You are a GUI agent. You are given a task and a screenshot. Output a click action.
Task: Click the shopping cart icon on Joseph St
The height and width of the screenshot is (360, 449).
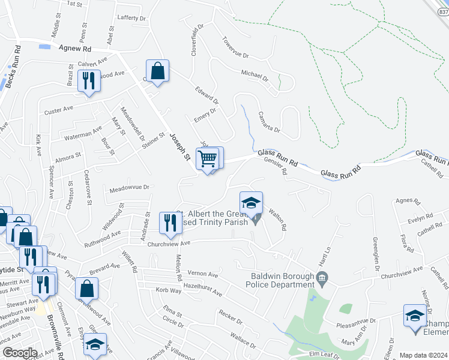coord(208,159)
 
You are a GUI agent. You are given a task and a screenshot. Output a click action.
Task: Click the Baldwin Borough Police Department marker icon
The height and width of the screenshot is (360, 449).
coord(322,277)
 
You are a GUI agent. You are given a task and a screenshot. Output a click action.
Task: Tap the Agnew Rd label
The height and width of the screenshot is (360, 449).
coord(74,49)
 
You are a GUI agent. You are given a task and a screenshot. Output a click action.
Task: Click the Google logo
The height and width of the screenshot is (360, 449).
coord(19,353)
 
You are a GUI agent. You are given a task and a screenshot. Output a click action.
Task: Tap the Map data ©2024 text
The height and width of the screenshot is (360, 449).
coord(423,355)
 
